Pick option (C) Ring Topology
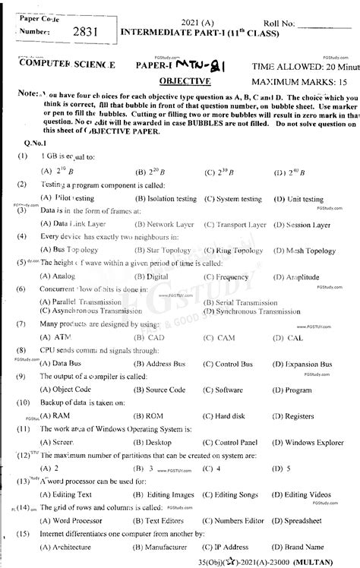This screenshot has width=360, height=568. [x=235, y=251]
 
